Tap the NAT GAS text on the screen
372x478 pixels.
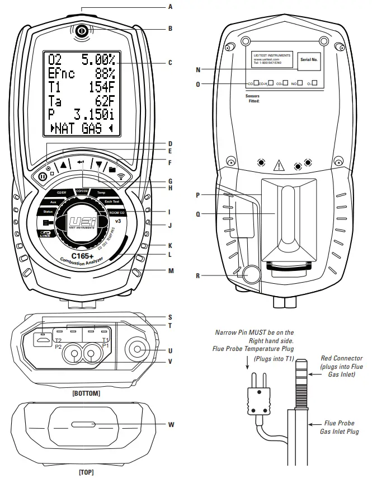82,129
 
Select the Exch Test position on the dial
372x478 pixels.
112,201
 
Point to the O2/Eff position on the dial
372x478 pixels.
62,193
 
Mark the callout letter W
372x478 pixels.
171,424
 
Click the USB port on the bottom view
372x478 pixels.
41,340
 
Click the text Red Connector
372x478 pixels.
341,358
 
